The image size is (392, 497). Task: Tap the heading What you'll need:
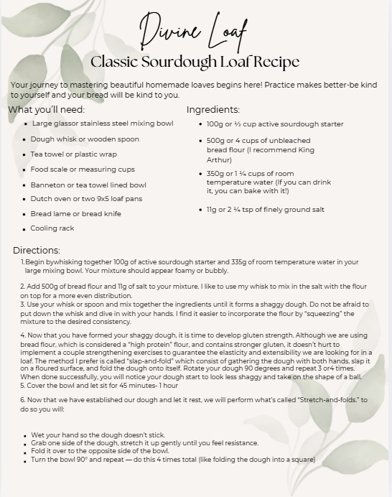(47, 110)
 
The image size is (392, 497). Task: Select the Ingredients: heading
(213, 110)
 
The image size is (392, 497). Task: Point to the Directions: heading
(37, 250)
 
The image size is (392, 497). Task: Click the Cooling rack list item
(52, 228)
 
